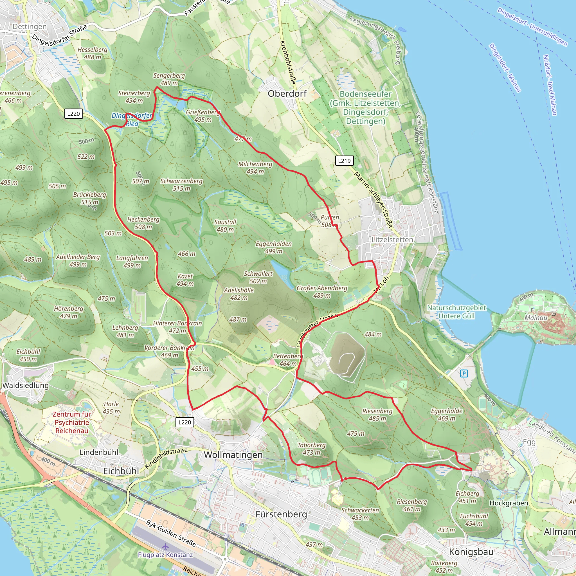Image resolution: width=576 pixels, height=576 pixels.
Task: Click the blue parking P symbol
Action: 464,373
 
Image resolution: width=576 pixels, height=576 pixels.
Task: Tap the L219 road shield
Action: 344,161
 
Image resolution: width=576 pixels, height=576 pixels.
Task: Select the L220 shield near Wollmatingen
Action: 184,422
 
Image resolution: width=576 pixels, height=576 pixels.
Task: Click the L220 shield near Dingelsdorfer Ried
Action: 73,114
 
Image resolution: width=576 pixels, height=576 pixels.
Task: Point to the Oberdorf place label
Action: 287,94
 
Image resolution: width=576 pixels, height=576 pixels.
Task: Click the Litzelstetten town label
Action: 392,240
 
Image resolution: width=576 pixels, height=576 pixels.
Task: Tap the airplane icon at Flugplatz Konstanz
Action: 165,546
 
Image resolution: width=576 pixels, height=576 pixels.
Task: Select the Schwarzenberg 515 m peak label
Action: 181,184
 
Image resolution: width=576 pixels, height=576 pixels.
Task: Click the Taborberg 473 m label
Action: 312,449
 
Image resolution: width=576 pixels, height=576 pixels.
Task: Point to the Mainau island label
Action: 536,318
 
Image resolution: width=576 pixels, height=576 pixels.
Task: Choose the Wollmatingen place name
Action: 233,455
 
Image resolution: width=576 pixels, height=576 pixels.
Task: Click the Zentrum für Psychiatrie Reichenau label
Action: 72,422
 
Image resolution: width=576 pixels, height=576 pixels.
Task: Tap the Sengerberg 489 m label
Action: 169,79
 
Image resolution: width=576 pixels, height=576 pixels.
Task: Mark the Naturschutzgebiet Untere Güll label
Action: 456,312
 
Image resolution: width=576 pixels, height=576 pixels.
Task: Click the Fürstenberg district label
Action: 281,514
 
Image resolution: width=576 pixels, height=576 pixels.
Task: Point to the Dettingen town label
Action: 30,26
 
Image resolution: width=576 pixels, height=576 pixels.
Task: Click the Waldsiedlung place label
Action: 25,385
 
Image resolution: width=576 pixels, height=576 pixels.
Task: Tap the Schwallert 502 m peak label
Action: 258,277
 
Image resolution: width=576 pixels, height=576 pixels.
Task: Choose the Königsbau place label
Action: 471,552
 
